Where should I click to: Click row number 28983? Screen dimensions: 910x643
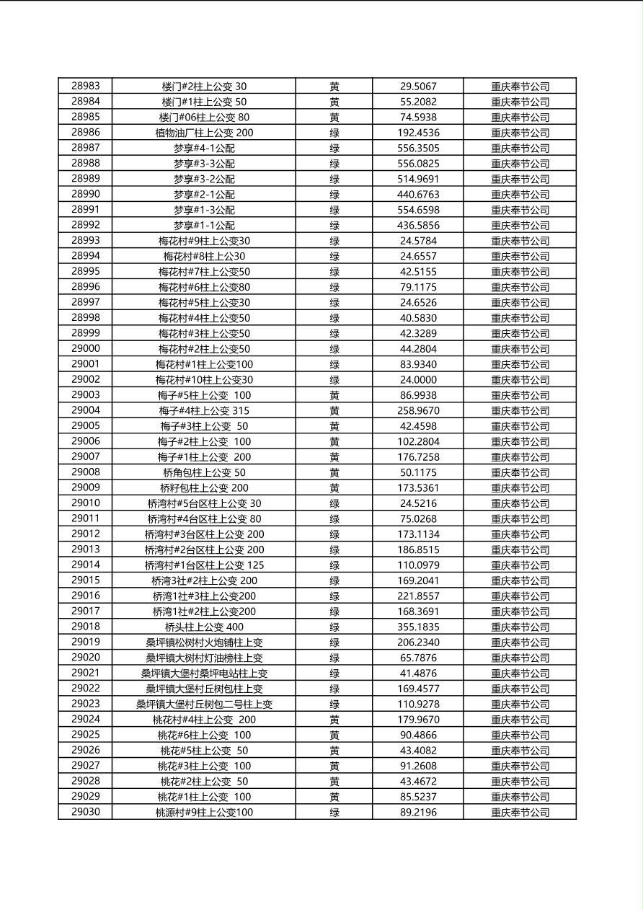tap(86, 86)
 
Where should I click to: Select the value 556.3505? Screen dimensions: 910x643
tap(418, 148)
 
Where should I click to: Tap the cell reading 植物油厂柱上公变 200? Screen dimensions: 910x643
tap(204, 133)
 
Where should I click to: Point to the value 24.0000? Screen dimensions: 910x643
tap(418, 380)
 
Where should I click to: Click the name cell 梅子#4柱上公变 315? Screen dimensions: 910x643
tap(204, 411)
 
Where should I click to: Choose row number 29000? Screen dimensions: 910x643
tap(86, 349)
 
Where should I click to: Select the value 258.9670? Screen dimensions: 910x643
tap(418, 411)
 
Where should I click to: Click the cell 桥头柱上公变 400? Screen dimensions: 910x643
tap(204, 627)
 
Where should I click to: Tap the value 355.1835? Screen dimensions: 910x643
tap(418, 627)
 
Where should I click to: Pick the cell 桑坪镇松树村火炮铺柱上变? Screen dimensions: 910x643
tap(204, 642)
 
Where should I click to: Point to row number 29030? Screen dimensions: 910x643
tap(86, 813)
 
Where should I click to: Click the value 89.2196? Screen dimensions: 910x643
tap(418, 813)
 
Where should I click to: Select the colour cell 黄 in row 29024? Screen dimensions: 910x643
tap(334, 720)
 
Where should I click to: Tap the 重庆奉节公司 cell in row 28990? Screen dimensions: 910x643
tap(520, 195)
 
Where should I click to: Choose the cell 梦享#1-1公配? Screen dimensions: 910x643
tap(204, 226)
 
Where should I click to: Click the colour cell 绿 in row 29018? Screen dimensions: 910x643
tap(334, 627)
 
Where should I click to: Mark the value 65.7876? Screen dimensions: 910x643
tap(418, 658)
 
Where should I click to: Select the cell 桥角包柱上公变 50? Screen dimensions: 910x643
tap(204, 473)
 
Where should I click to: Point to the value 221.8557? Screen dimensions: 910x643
tap(418, 596)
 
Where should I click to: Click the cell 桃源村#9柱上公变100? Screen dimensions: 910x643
tap(204, 813)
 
